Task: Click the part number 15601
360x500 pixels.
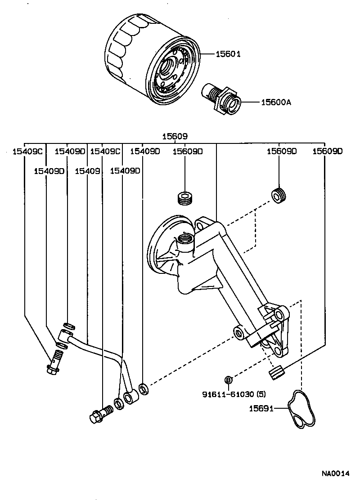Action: [x=228, y=54]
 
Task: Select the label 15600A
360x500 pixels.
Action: [x=276, y=102]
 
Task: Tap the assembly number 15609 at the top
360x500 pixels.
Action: [x=175, y=136]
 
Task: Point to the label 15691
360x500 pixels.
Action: [x=261, y=408]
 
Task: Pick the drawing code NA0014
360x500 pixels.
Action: [x=335, y=473]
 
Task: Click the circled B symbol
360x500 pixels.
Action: [x=228, y=380]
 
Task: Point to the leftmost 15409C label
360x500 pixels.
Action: [x=27, y=152]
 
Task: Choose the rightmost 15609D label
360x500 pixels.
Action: [x=328, y=152]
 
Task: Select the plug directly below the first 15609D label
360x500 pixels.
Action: [x=185, y=198]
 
